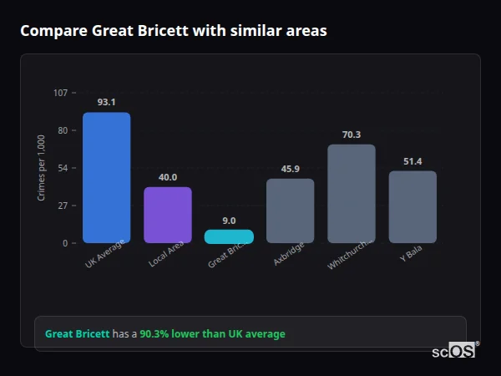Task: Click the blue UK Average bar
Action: tap(106, 177)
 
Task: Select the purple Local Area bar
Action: tap(167, 215)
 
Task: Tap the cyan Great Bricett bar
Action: tap(229, 236)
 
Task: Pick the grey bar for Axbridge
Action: tap(290, 211)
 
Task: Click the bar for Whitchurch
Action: tap(351, 194)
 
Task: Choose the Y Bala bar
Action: tap(412, 207)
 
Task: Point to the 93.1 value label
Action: tap(106, 102)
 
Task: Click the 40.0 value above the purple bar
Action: tap(167, 177)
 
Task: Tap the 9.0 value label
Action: tap(229, 221)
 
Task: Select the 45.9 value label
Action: tap(290, 169)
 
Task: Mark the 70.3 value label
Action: tap(351, 135)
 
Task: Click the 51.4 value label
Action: tap(412, 161)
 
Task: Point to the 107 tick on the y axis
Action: tap(60, 93)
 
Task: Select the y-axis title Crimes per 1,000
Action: tap(42, 167)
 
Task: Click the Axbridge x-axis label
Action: tap(289, 254)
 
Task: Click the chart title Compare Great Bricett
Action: tap(173, 31)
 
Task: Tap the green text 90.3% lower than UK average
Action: tap(212, 334)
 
